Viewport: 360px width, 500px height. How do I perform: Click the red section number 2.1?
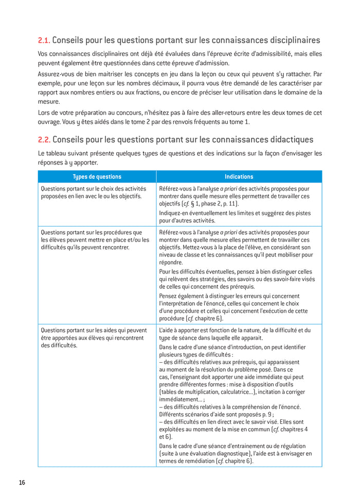point(44,40)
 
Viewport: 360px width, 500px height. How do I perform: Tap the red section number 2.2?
point(44,139)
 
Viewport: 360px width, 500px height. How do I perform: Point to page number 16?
point(22,483)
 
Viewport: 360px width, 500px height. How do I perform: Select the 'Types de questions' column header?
point(97,177)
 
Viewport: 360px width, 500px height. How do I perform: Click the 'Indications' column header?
point(239,177)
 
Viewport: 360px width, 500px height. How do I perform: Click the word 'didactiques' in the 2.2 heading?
point(288,139)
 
